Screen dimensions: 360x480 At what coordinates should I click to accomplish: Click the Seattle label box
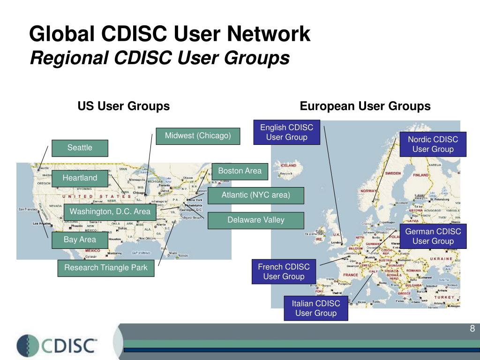pos(80,148)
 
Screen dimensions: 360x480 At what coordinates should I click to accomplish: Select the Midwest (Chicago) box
pos(198,136)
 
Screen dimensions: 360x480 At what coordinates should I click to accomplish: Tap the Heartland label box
pos(80,178)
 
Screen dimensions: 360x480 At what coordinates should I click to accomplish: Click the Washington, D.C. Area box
pos(110,211)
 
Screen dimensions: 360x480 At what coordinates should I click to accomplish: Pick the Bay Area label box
pos(80,240)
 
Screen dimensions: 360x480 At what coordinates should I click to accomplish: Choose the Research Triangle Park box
pos(106,268)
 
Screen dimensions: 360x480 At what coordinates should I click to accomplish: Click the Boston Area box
pos(240,171)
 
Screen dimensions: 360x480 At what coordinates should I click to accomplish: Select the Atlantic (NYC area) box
pos(256,195)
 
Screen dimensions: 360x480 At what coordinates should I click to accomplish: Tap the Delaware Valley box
pos(256,220)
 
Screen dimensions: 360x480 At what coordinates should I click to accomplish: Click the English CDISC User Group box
pos(287,132)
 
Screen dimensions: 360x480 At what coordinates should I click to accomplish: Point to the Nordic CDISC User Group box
pos(433,144)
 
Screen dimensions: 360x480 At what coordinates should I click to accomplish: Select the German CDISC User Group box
pos(433,236)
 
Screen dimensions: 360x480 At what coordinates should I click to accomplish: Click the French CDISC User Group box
pos(284,271)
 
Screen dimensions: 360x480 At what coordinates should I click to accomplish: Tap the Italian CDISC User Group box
pos(316,308)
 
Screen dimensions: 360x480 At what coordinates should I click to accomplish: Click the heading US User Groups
pos(124,106)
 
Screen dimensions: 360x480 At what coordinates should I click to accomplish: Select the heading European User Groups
pos(365,106)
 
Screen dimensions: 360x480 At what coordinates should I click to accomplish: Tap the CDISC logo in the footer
pos(57,345)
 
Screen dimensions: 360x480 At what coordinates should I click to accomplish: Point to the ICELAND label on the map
pos(288,165)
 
